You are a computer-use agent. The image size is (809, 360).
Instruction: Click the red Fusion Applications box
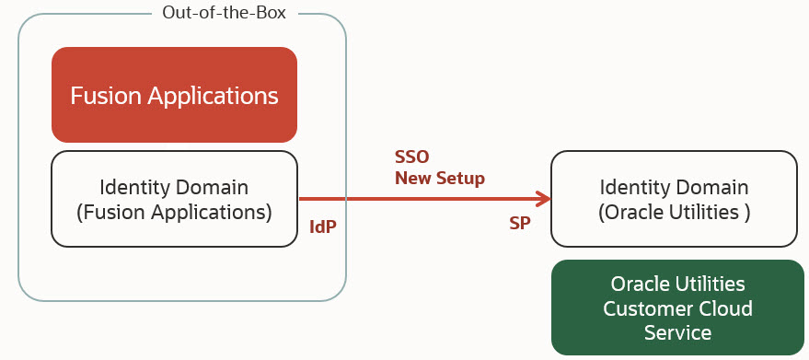point(174,95)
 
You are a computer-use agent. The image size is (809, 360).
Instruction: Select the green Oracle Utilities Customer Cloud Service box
point(677,308)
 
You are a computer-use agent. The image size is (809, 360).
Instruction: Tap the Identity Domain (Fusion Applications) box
point(174,199)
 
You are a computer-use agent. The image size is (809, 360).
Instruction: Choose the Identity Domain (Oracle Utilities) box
point(674,199)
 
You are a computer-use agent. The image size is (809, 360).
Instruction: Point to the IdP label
point(323,225)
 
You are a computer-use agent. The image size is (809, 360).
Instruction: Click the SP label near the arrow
point(519,225)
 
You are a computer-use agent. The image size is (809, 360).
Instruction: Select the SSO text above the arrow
point(411,156)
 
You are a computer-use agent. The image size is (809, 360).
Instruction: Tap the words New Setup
point(439,178)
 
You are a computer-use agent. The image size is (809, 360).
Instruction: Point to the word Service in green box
point(677,331)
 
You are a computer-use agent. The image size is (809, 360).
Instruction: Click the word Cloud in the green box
point(727,308)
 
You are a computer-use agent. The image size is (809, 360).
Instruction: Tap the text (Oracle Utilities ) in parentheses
point(674,212)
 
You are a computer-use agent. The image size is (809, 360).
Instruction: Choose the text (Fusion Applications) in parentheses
point(174,212)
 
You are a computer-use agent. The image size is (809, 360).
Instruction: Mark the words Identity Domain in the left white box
point(174,187)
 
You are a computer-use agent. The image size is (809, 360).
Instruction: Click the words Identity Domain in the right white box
point(674,187)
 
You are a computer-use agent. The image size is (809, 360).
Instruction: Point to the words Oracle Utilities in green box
point(677,284)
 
